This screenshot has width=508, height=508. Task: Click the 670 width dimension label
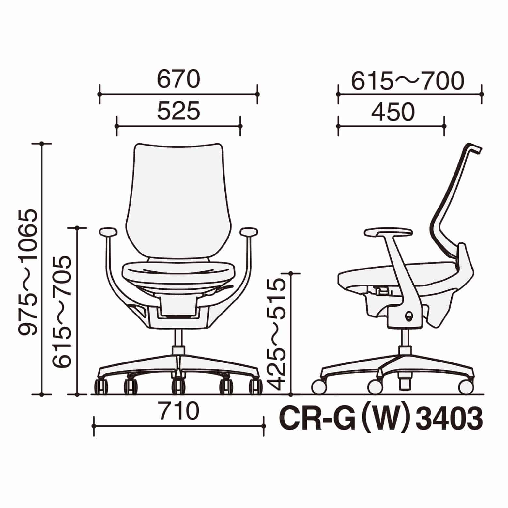pyautogui.click(x=178, y=80)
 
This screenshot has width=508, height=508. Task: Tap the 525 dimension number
pyautogui.click(x=178, y=111)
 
